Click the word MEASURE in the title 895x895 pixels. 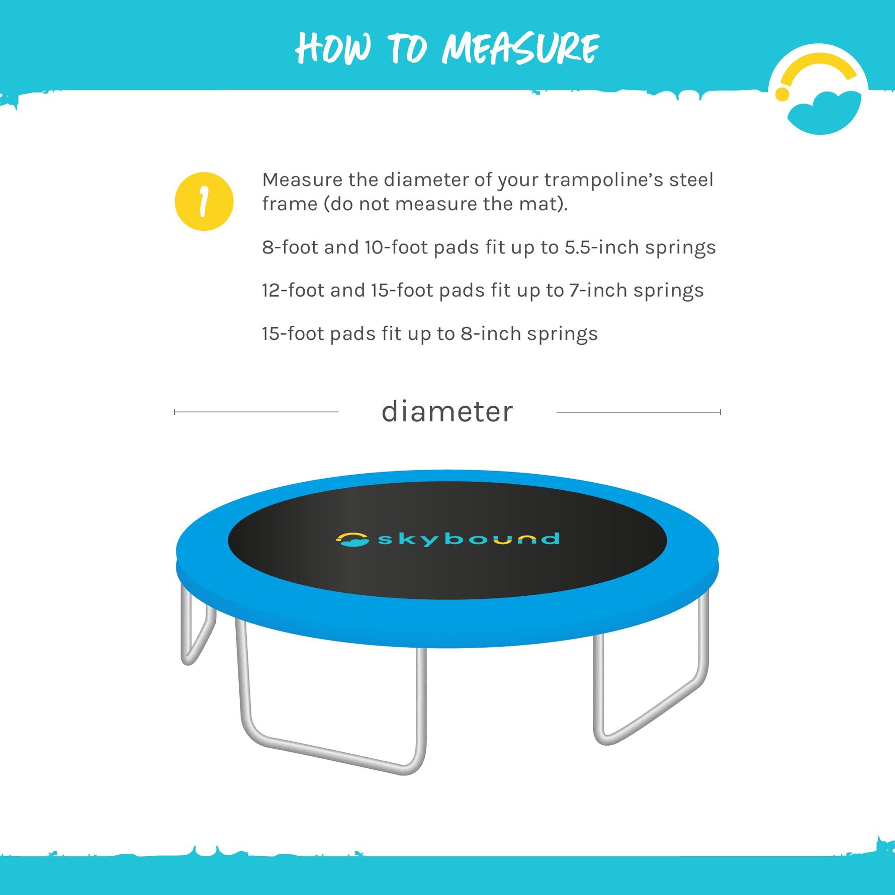click(520, 49)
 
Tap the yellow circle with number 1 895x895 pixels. click(204, 201)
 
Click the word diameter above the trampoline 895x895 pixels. click(447, 412)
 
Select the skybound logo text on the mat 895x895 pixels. click(469, 539)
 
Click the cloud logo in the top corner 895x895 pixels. click(818, 91)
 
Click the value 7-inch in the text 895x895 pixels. click(598, 291)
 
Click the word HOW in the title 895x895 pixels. click(333, 49)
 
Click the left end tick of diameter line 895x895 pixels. click(174, 412)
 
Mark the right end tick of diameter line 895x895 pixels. click(720, 412)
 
